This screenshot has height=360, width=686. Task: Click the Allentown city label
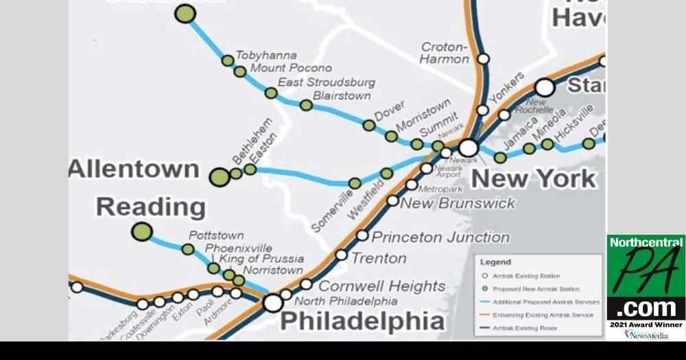click(134, 169)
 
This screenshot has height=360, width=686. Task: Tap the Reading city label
click(150, 206)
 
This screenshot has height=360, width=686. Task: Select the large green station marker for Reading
click(142, 232)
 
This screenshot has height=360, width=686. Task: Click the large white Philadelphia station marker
click(273, 302)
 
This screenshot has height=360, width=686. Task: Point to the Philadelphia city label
click(362, 320)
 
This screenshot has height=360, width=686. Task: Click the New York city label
click(534, 179)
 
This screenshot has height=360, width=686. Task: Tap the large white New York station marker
click(469, 148)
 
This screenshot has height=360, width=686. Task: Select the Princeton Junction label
click(440, 237)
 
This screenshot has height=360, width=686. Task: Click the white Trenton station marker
click(341, 254)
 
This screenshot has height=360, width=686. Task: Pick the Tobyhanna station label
click(266, 55)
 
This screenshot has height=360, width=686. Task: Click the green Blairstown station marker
click(306, 105)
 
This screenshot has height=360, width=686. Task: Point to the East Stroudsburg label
click(327, 82)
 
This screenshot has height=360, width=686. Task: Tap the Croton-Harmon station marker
click(483, 59)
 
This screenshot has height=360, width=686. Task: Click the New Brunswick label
click(457, 203)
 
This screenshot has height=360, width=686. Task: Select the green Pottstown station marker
click(187, 249)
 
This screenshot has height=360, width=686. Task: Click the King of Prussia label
click(261, 259)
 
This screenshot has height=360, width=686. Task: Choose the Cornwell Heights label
click(381, 286)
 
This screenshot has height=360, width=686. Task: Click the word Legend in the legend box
click(495, 262)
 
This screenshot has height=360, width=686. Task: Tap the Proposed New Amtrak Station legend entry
click(536, 289)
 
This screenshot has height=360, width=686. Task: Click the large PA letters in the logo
click(646, 270)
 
